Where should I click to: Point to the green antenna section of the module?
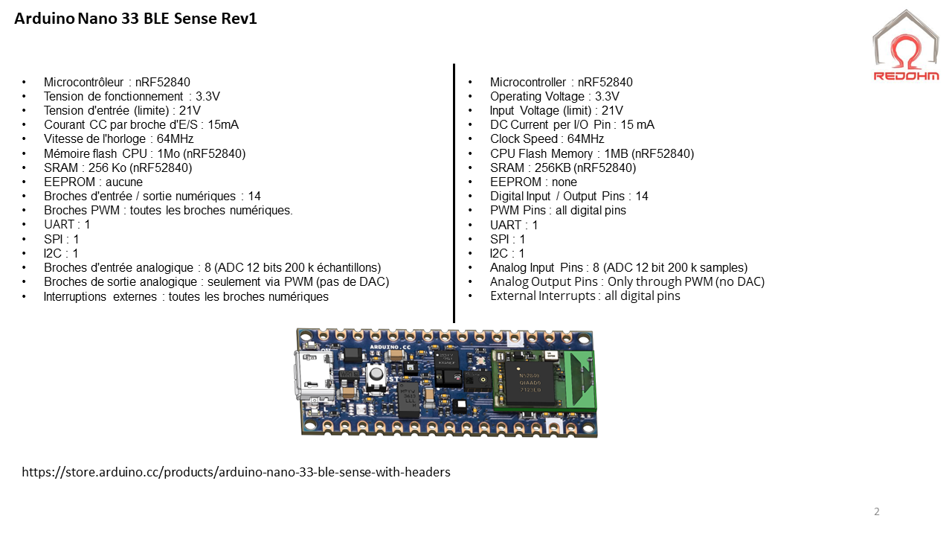[581, 380]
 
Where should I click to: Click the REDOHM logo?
[905, 46]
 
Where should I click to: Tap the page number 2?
[877, 511]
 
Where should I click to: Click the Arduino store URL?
[236, 472]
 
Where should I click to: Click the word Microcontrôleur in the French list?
[84, 83]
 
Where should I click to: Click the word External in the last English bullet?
[512, 296]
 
